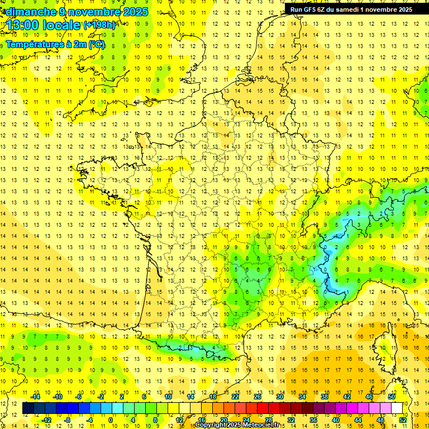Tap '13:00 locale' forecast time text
[42, 25]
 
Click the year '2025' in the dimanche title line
[135, 12]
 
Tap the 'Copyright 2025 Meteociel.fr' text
[237, 425]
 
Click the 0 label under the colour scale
[110, 420]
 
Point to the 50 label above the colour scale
[391, 397]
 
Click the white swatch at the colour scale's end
[397, 408]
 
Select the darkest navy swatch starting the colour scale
[28, 408]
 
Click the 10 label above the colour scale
[168, 397]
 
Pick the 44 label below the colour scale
[358, 420]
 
